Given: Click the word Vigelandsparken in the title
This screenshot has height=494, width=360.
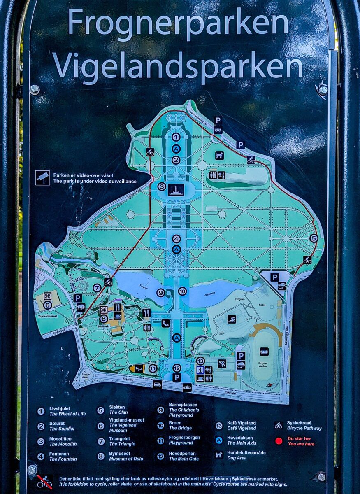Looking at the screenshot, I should [x=178, y=66].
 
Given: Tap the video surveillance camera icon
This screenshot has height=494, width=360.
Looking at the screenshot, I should [x=42, y=177].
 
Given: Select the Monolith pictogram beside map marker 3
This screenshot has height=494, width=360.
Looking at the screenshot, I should [x=176, y=189].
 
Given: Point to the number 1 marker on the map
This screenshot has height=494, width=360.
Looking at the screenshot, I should [x=176, y=137].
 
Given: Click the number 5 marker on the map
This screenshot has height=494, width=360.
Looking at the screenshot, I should [x=314, y=238].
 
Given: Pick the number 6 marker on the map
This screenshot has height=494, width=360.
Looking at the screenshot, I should [x=47, y=305].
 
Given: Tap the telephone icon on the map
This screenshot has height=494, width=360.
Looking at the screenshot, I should [x=165, y=323].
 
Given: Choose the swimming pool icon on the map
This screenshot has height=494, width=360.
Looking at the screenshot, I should [x=232, y=319].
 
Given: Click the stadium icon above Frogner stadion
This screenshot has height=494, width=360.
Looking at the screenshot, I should [x=264, y=352].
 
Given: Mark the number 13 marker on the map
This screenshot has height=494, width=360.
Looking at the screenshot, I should [x=200, y=361].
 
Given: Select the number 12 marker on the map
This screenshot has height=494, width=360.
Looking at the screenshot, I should [x=177, y=368].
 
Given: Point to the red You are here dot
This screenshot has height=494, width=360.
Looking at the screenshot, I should [x=279, y=441].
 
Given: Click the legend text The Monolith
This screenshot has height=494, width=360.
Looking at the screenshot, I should [x=63, y=444].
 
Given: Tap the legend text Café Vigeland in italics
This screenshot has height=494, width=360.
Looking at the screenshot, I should [x=242, y=428].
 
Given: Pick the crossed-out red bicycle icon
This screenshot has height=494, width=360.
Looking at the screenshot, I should [x=44, y=481].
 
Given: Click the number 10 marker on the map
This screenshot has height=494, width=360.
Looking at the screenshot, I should [x=182, y=291].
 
